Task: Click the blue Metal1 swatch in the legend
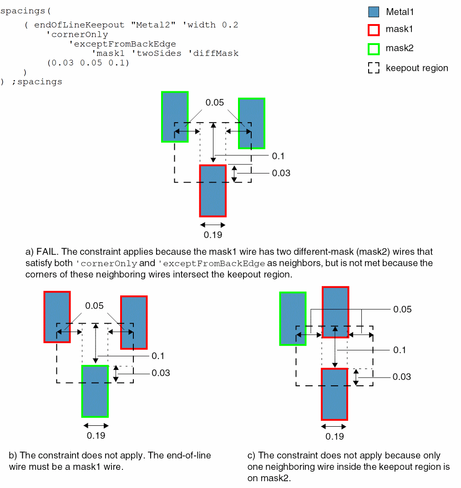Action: [x=373, y=12]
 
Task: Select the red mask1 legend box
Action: [x=373, y=30]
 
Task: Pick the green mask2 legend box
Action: [x=373, y=48]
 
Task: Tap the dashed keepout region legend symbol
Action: [x=373, y=68]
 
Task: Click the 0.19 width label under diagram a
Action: [x=213, y=235]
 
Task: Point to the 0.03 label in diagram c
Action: [x=401, y=377]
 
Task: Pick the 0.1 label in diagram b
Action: [x=158, y=356]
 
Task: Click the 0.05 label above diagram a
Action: [x=215, y=103]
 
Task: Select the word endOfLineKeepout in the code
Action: [x=79, y=25]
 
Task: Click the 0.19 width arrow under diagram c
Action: [x=334, y=427]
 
